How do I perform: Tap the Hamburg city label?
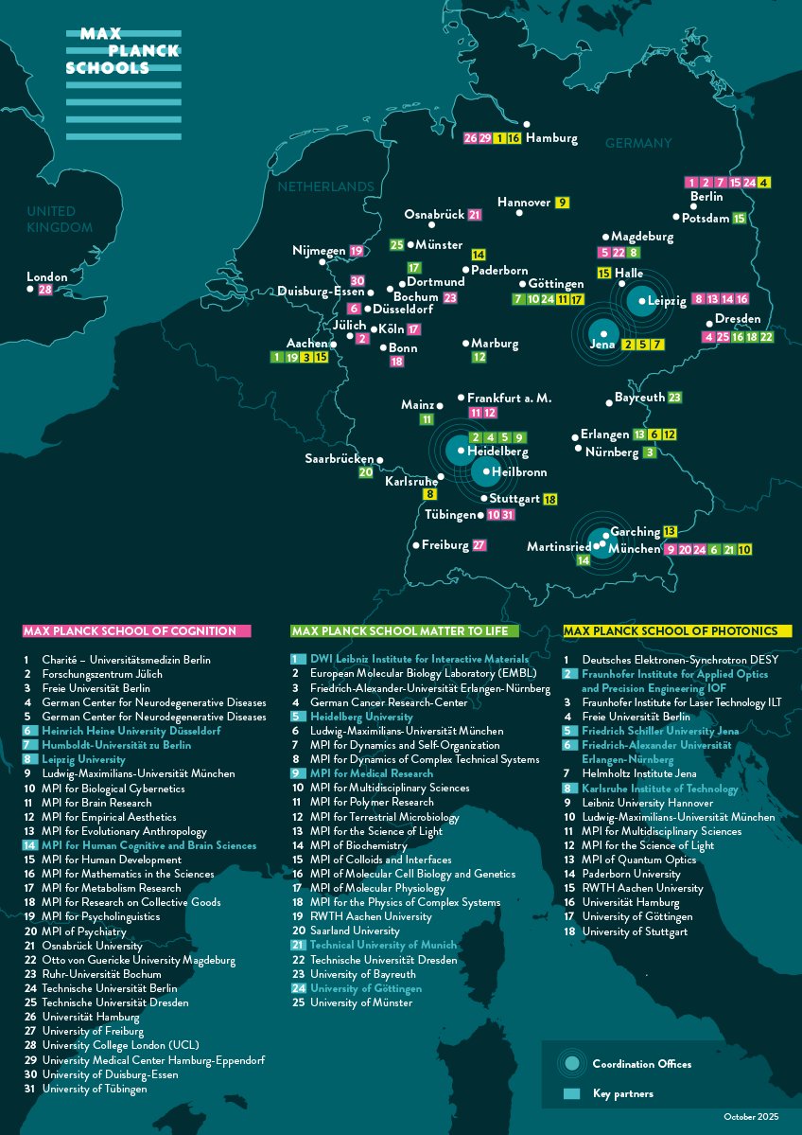(x=551, y=138)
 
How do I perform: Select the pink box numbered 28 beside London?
(x=45, y=289)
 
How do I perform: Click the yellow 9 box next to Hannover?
(x=562, y=203)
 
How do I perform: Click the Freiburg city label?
(x=445, y=545)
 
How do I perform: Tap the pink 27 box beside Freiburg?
(x=479, y=545)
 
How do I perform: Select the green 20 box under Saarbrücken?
(x=365, y=471)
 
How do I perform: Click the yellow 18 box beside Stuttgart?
(x=550, y=499)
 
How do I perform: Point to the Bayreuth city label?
(x=640, y=398)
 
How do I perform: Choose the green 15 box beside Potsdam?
(x=740, y=218)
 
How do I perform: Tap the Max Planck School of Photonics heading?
(x=677, y=630)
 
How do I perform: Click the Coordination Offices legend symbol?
(x=571, y=1064)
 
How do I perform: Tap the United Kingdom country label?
(x=59, y=219)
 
